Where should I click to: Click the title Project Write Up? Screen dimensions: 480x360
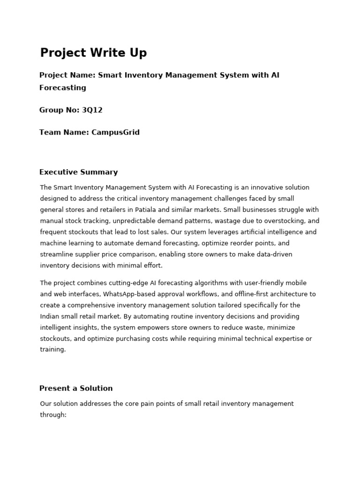coord(93,53)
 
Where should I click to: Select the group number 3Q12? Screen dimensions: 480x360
coord(92,110)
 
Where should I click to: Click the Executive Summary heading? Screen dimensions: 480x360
coord(78,172)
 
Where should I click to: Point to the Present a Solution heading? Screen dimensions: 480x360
coord(76,388)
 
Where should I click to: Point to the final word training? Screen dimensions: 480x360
coord(52,349)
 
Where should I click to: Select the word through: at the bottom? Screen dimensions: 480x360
coord(53,415)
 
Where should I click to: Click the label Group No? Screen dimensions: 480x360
coord(60,110)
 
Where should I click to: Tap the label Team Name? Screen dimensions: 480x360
coord(64,132)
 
